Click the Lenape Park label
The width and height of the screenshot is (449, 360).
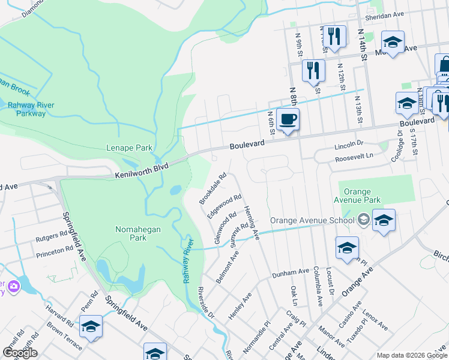129,148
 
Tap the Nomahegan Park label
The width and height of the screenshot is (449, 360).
131,233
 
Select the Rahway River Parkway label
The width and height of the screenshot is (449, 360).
31,109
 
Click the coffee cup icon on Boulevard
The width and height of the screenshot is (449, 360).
288,119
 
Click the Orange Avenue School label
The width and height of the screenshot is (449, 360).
312,220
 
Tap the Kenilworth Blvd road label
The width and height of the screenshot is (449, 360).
142,170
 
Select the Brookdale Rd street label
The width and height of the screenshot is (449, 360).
214,188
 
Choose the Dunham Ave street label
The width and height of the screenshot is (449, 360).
290,272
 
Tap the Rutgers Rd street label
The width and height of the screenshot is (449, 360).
52,235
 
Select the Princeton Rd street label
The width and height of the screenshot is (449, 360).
54,254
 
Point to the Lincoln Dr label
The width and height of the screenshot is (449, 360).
349,144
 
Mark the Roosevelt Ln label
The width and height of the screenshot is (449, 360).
354,155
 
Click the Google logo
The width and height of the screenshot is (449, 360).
20,353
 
